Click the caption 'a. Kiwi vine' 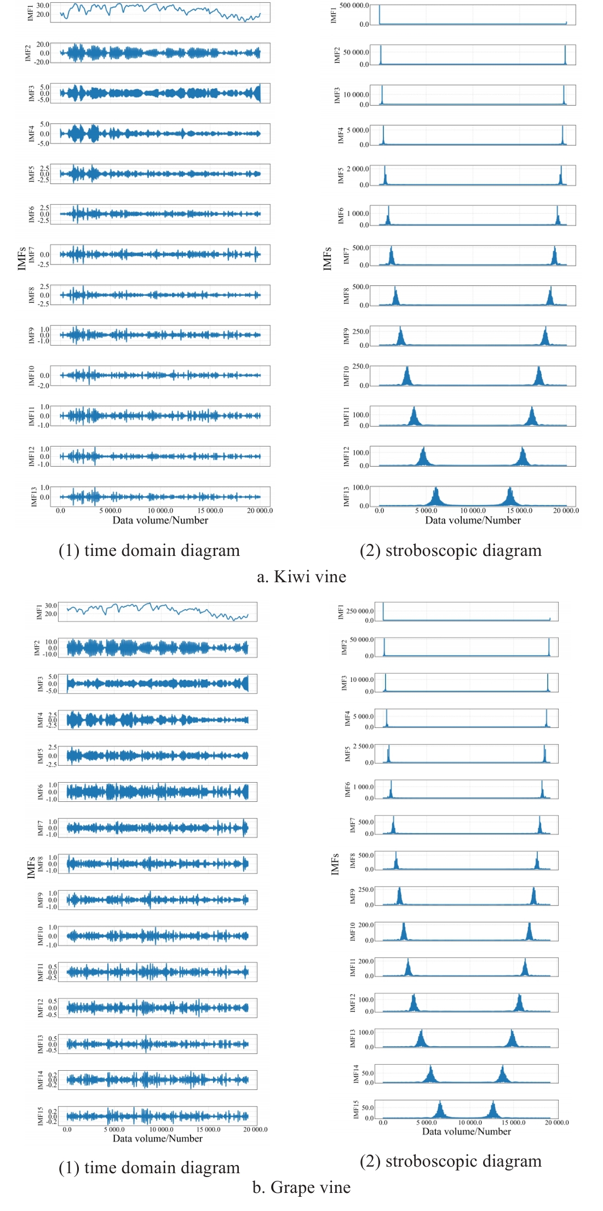301,577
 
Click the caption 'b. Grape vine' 301,1187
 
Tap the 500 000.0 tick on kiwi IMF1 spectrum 354,5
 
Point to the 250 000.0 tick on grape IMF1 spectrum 360,611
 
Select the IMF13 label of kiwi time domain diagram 34,496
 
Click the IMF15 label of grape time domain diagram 41,1116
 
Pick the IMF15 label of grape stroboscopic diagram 356,1110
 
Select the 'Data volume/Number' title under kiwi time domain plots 160,520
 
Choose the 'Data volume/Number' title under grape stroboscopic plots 466,1132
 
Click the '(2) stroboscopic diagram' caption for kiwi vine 450,550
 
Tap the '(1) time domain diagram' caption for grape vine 149,1168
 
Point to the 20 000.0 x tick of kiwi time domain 260,510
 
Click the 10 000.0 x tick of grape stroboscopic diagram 469,1122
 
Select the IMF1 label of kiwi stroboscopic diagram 334,15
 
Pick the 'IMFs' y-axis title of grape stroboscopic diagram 335,864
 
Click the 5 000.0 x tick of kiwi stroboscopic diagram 427,510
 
